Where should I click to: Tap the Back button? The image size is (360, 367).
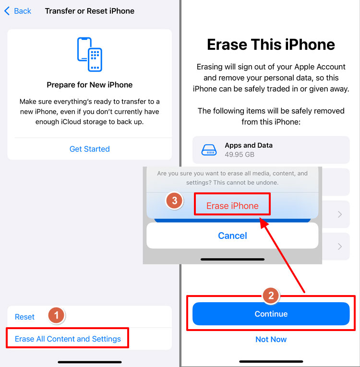coord(18,11)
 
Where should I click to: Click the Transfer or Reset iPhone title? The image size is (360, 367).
coord(90,11)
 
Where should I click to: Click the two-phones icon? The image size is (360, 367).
coord(90,55)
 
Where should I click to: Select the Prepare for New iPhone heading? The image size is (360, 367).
coord(90,85)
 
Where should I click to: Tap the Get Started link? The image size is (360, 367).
coord(90,149)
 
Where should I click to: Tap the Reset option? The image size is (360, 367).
coord(25,317)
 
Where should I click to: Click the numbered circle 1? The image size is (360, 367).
coord(56,315)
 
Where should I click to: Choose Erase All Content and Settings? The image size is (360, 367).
coord(68,339)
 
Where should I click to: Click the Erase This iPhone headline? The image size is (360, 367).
coord(271,45)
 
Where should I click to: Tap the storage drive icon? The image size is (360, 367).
coord(209,149)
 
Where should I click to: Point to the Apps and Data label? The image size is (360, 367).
coord(249,145)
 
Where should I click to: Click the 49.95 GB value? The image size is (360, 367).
coord(240,155)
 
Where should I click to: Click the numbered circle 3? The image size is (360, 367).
coord(174,201)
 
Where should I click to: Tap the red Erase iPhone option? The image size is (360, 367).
coord(232,206)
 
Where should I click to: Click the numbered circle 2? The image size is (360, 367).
coord(271,296)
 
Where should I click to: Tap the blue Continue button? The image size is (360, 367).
coord(271,314)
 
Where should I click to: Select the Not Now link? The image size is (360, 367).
coord(271,339)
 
